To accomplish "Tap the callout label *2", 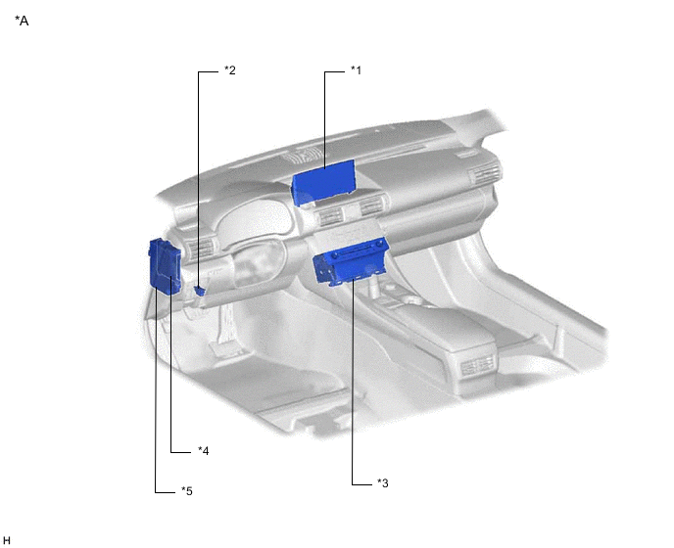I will tap(230, 70).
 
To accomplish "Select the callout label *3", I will tap(383, 482).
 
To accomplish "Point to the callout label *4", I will tap(203, 450).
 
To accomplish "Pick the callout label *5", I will tap(187, 490).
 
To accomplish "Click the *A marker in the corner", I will tap(22, 20).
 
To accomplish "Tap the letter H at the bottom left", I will tap(7, 540).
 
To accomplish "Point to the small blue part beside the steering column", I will tap(200, 290).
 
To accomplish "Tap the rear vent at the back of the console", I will tap(478, 368).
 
